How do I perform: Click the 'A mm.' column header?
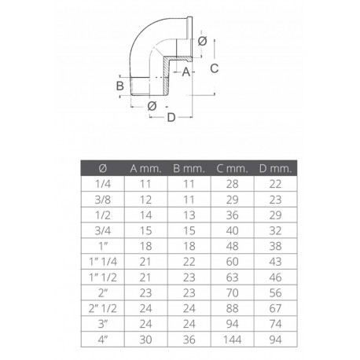[x=145, y=168]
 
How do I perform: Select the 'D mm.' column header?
[x=274, y=168]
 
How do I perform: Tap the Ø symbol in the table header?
[x=102, y=168]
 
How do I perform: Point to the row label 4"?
[x=102, y=338]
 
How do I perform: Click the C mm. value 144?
[x=231, y=338]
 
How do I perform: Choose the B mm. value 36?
[x=188, y=338]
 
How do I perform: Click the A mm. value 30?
[x=145, y=338]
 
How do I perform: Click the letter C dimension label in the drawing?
[x=214, y=68]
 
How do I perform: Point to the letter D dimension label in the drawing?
[x=170, y=118]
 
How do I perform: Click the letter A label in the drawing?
[x=186, y=72]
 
